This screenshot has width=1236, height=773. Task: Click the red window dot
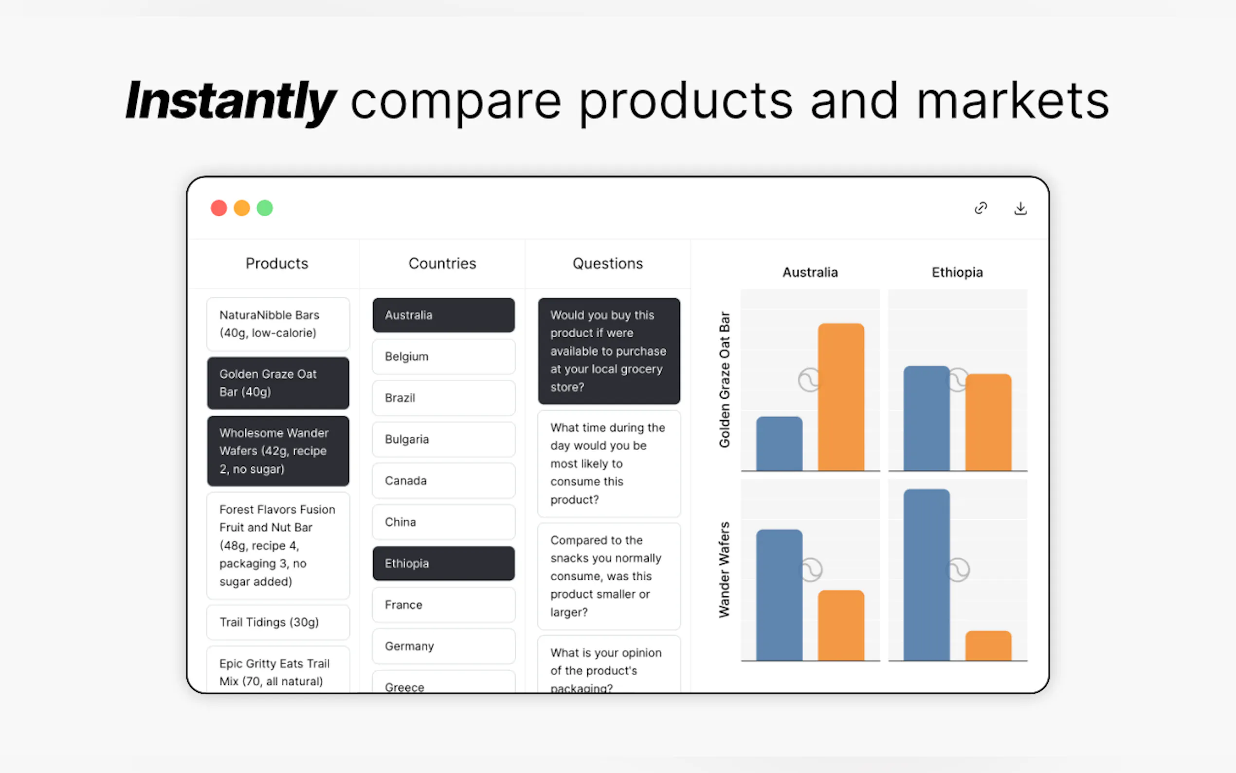click(218, 208)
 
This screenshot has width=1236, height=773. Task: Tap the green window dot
click(265, 208)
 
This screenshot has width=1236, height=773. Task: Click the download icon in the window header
click(1020, 208)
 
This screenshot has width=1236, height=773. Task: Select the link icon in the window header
click(981, 208)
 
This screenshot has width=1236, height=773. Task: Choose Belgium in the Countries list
click(443, 356)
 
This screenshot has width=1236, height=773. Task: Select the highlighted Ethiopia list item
click(443, 563)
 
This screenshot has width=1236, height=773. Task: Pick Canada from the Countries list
click(443, 480)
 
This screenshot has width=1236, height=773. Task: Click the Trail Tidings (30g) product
click(278, 622)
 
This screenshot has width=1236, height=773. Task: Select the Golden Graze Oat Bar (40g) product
click(278, 383)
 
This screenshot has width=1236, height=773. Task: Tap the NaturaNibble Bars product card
click(278, 324)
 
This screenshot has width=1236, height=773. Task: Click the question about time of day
click(609, 464)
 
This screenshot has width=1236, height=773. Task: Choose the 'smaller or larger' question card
click(609, 576)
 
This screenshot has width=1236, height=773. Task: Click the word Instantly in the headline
click(231, 101)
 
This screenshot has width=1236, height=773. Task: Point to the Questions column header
click(607, 263)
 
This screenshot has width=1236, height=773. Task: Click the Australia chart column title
click(810, 273)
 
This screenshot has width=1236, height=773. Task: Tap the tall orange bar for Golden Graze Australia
click(841, 397)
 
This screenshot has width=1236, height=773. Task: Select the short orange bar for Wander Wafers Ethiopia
click(988, 645)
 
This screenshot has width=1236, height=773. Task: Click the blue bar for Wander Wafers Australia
click(779, 595)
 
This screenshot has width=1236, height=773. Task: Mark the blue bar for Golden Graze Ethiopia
click(927, 418)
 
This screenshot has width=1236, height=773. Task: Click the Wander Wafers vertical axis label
click(724, 570)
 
